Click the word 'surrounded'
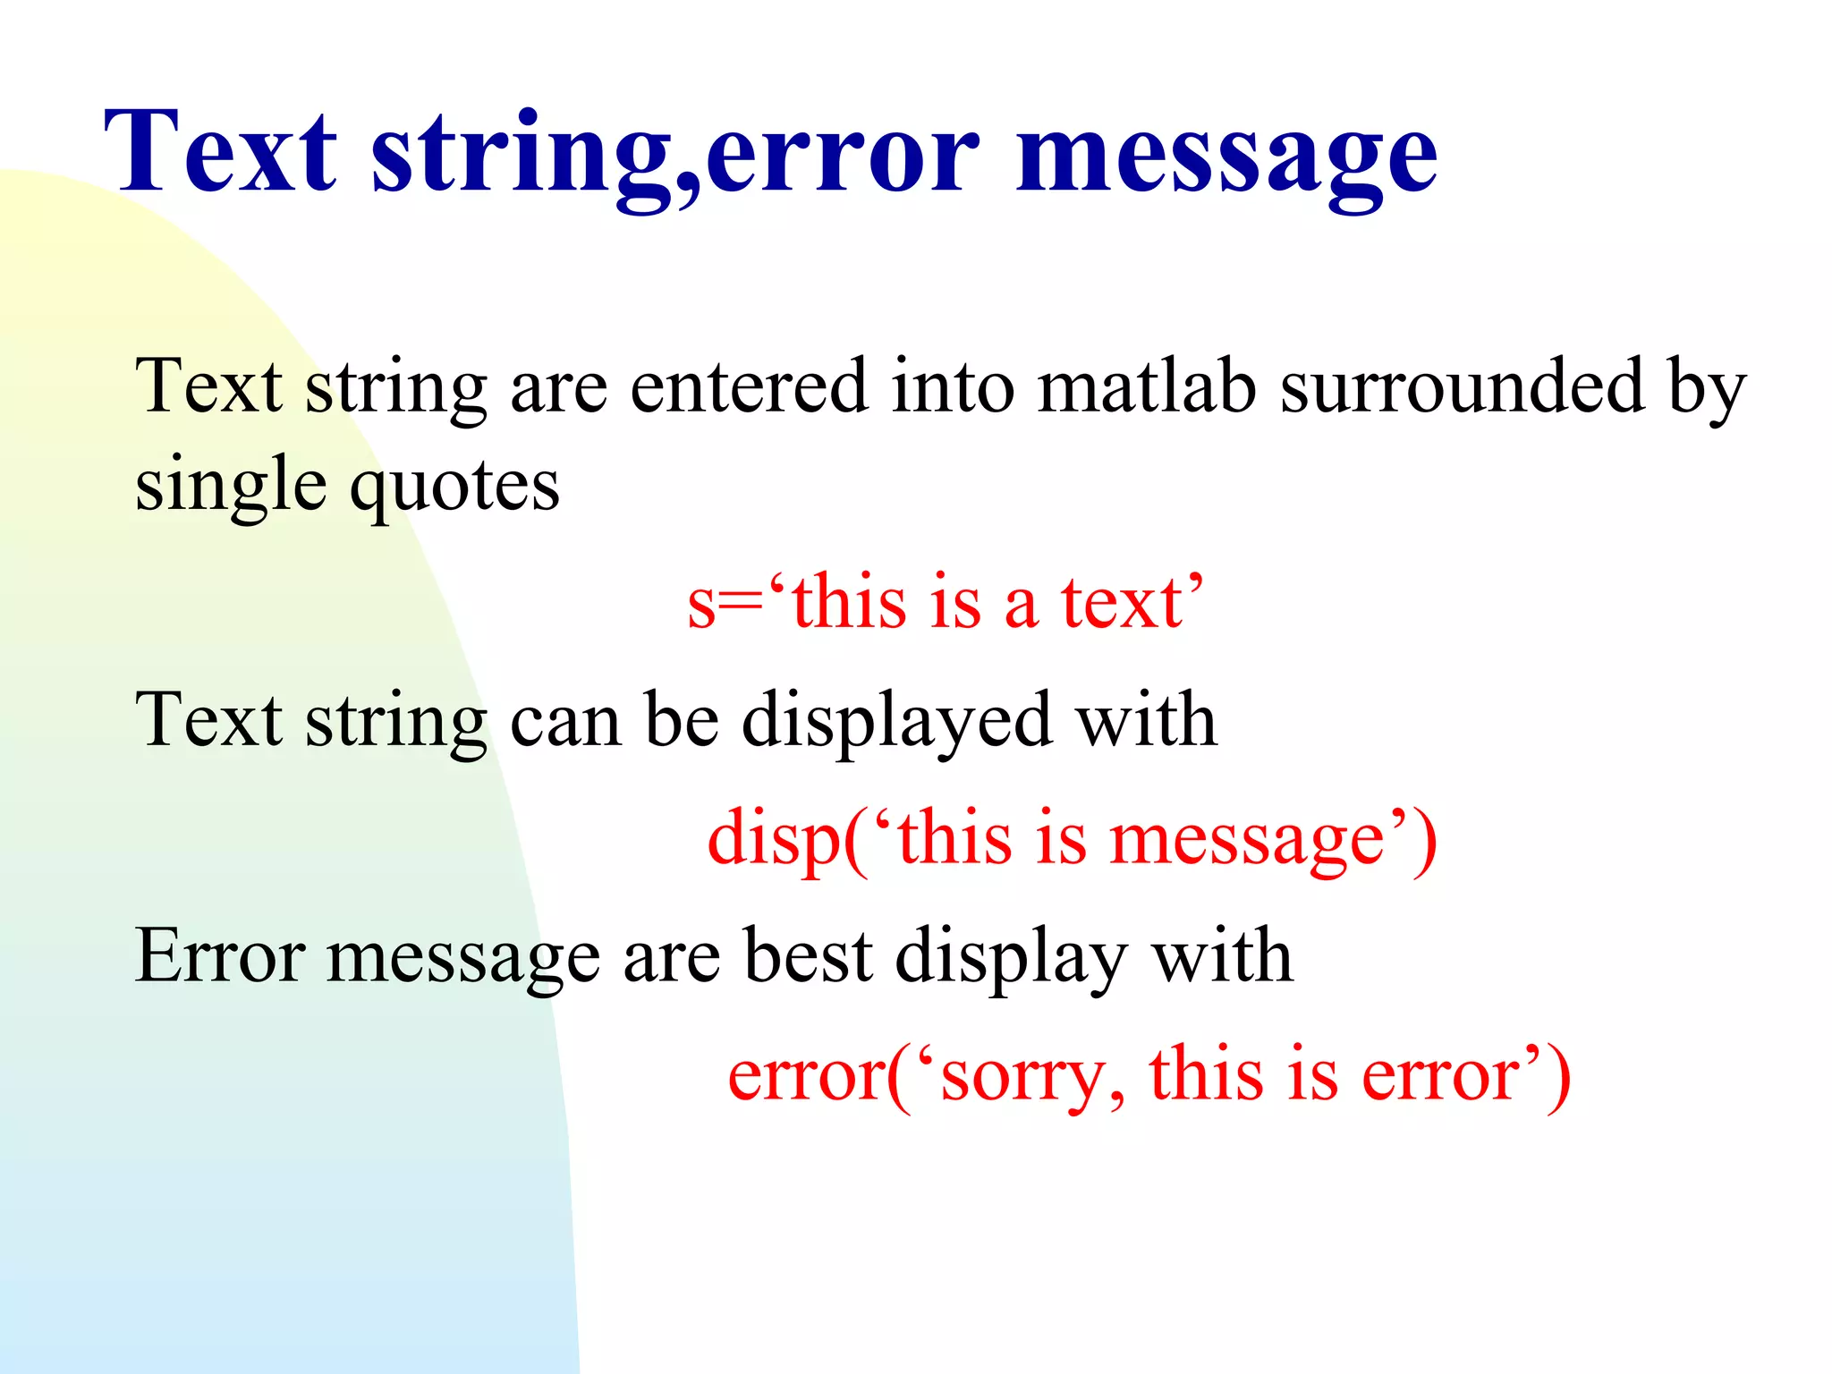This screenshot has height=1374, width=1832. point(1463,386)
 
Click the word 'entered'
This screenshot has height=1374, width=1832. point(749,386)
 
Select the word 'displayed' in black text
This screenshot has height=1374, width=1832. point(896,721)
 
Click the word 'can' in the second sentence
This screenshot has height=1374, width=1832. point(564,721)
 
